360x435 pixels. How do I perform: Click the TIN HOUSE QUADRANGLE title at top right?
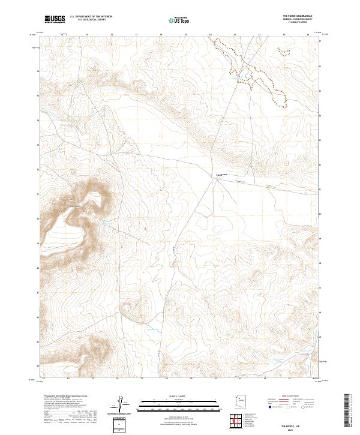pos(301,16)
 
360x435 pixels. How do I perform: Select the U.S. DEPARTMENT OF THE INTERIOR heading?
pos(91,17)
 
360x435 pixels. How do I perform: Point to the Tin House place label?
pos(220,175)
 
